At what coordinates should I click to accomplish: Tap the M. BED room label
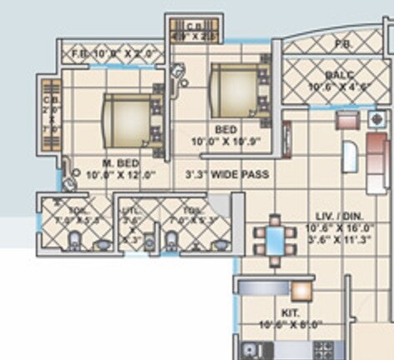[x=121, y=162]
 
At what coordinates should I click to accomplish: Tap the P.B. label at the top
[x=341, y=44]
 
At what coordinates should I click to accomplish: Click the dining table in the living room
[x=275, y=240]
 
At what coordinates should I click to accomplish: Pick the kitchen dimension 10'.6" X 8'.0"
[x=292, y=324]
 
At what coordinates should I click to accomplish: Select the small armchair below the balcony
[x=345, y=120]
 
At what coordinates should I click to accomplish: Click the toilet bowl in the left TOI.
[x=74, y=242]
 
